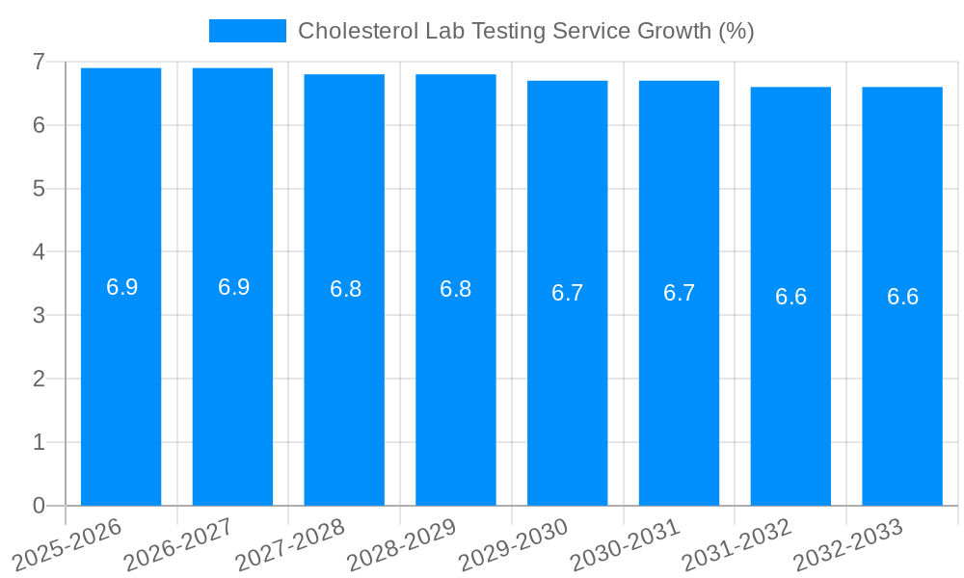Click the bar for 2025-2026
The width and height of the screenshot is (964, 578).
tap(120, 385)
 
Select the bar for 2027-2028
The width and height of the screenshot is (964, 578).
tap(344, 385)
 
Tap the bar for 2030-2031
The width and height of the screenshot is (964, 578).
tap(679, 385)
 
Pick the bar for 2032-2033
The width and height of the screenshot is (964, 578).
tap(902, 385)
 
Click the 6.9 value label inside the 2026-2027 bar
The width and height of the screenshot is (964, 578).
tap(233, 287)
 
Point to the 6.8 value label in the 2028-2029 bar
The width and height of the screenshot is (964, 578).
tap(456, 289)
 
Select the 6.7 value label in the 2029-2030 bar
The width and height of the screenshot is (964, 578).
tap(568, 293)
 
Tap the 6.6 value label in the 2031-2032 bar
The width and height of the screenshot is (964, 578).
tap(790, 297)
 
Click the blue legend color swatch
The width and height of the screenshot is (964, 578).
tap(248, 31)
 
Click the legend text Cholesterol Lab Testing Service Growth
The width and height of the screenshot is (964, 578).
tap(525, 31)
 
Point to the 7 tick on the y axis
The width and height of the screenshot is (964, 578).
tap(39, 62)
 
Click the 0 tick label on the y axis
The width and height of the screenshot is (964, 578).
tap(39, 506)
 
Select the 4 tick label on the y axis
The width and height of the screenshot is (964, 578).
tap(39, 252)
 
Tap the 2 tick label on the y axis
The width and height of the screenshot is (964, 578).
tap(39, 379)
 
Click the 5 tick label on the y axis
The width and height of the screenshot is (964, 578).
tap(39, 189)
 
